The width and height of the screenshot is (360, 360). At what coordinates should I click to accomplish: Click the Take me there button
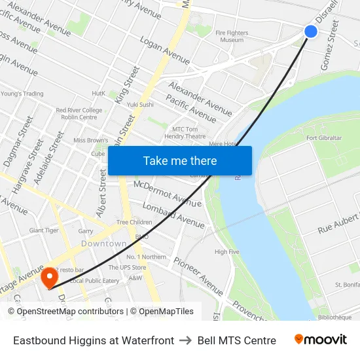[180, 160]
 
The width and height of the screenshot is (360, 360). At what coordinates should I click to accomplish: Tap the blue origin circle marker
[311, 31]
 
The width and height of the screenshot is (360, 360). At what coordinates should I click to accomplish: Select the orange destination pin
[49, 279]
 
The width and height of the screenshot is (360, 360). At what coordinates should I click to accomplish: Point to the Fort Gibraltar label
[324, 138]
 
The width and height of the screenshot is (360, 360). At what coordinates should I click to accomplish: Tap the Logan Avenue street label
[165, 50]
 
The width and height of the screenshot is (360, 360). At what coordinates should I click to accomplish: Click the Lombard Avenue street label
[173, 215]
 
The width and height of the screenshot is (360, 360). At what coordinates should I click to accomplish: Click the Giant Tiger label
[45, 230]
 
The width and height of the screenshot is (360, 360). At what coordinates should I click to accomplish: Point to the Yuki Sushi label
[140, 105]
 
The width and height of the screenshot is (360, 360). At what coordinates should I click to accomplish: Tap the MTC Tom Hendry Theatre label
[189, 133]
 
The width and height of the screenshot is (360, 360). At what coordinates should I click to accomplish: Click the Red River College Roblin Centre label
[79, 114]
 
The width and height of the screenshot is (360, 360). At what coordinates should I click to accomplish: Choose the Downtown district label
[103, 243]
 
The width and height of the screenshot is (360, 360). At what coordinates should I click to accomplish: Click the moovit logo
[321, 340]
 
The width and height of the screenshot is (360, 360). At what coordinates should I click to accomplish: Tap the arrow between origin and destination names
[186, 340]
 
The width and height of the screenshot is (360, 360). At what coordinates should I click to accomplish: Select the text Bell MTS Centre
[236, 340]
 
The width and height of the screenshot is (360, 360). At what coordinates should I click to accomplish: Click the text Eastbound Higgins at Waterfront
[94, 340]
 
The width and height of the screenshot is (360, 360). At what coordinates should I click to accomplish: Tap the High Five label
[226, 252]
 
